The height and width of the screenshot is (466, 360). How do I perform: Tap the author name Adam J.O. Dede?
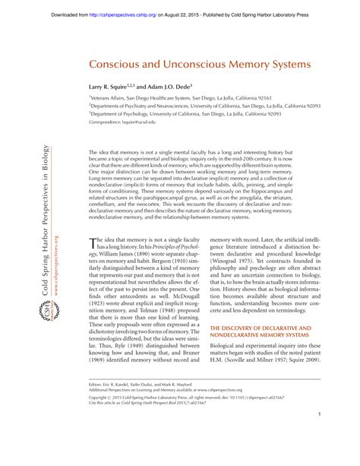[x=173, y=87]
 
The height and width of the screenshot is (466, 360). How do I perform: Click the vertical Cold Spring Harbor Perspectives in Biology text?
[x=45, y=198]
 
